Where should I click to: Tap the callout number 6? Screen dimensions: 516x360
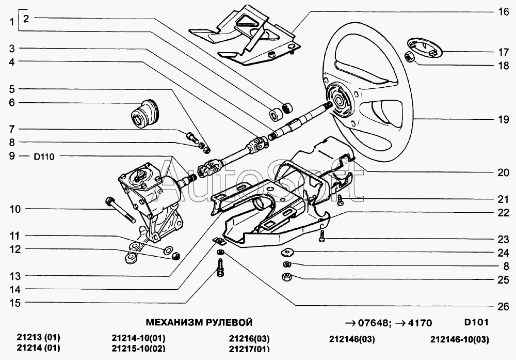[12, 103]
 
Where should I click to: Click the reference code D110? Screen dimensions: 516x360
[44, 157]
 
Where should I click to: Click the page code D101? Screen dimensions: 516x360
[476, 322]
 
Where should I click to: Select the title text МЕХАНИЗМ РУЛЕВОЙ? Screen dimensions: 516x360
[199, 322]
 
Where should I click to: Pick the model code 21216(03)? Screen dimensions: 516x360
[249, 339]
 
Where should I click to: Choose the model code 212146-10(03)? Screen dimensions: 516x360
[459, 339]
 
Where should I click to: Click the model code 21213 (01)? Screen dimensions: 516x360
[38, 337]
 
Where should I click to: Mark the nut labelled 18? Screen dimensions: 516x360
[409, 58]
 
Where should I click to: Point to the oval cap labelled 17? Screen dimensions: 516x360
[425, 47]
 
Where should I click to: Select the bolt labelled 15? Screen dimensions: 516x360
[220, 268]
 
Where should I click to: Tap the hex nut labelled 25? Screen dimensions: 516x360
[286, 277]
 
